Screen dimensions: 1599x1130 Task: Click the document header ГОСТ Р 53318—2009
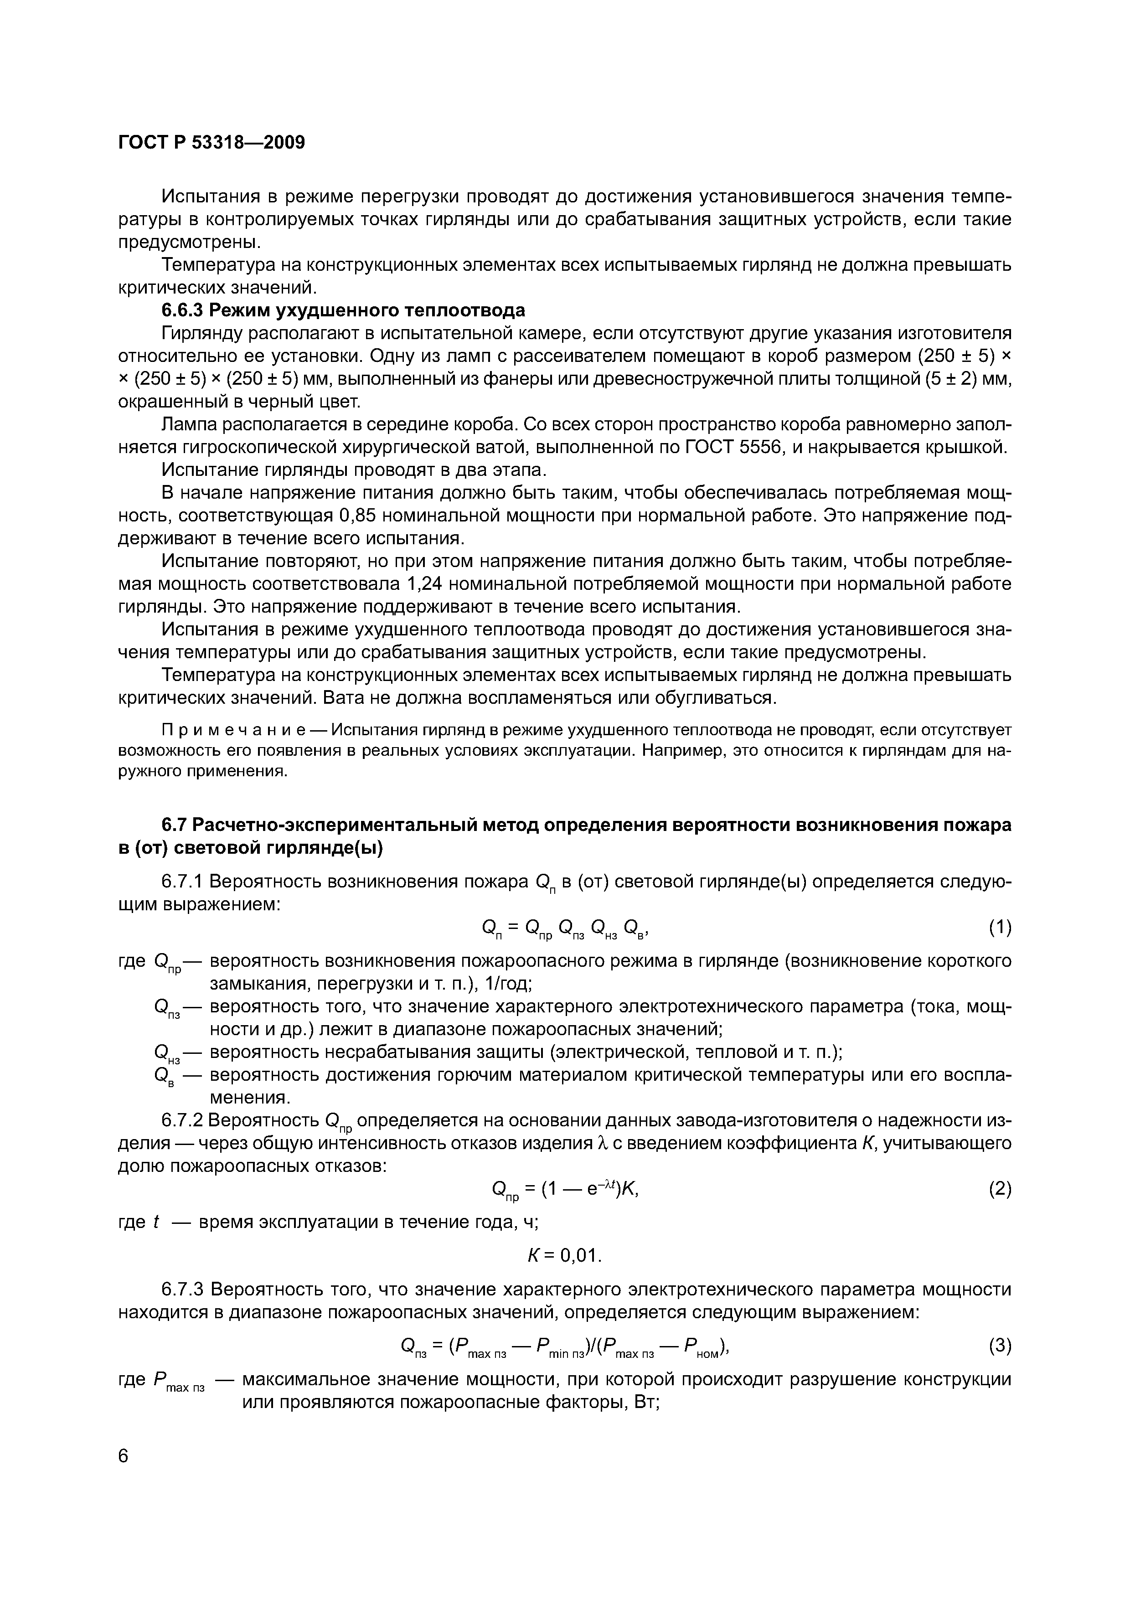211,143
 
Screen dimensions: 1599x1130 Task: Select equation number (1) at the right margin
999,927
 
